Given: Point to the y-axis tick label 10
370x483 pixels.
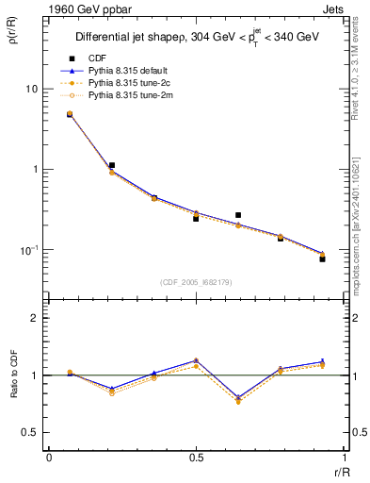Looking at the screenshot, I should [x=30, y=89].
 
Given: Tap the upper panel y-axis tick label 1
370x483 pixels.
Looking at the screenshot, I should [x=34, y=170].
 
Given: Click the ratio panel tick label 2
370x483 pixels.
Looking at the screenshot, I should [x=33, y=319].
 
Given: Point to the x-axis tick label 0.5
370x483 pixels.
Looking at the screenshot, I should [x=196, y=457].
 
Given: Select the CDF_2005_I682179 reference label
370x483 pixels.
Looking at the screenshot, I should [x=196, y=282].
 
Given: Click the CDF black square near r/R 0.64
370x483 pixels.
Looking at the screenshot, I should [x=238, y=215].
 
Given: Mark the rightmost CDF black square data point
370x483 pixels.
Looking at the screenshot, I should [x=322, y=258].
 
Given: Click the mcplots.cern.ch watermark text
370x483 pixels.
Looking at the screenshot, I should [x=362, y=236].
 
